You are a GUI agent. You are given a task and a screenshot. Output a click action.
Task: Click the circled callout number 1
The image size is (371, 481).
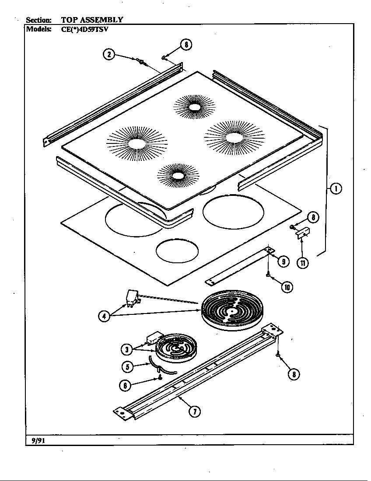(x=336, y=189)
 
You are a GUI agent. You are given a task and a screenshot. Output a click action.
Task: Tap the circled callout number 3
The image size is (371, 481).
(x=126, y=349)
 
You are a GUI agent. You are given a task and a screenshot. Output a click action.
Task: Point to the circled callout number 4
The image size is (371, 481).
(x=104, y=316)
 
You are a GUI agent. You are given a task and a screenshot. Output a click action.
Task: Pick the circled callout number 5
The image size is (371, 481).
(x=126, y=366)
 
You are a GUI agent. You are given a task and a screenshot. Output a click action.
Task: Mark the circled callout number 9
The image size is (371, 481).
(x=283, y=261)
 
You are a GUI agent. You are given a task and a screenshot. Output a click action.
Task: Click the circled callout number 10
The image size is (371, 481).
(x=287, y=287)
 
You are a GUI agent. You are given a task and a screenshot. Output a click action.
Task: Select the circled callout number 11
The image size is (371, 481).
(x=302, y=263)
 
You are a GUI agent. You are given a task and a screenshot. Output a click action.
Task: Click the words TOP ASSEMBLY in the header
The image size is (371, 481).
(x=92, y=20)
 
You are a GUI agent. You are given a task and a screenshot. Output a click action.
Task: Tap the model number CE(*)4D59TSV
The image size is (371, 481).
(x=84, y=29)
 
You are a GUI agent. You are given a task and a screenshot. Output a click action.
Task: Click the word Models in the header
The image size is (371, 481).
(x=39, y=29)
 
